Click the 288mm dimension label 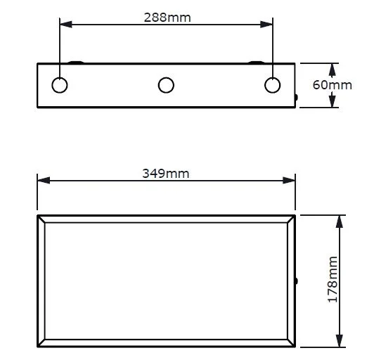coord(167,18)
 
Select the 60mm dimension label coord(333,85)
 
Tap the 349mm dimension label coord(165,174)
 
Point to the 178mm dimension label coord(333,279)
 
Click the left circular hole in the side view coord(60,85)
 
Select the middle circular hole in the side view coord(166,85)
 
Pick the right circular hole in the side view coord(272,85)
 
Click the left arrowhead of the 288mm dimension coord(66,25)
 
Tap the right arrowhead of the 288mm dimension coord(266,25)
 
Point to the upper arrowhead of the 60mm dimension coord(332,70)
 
